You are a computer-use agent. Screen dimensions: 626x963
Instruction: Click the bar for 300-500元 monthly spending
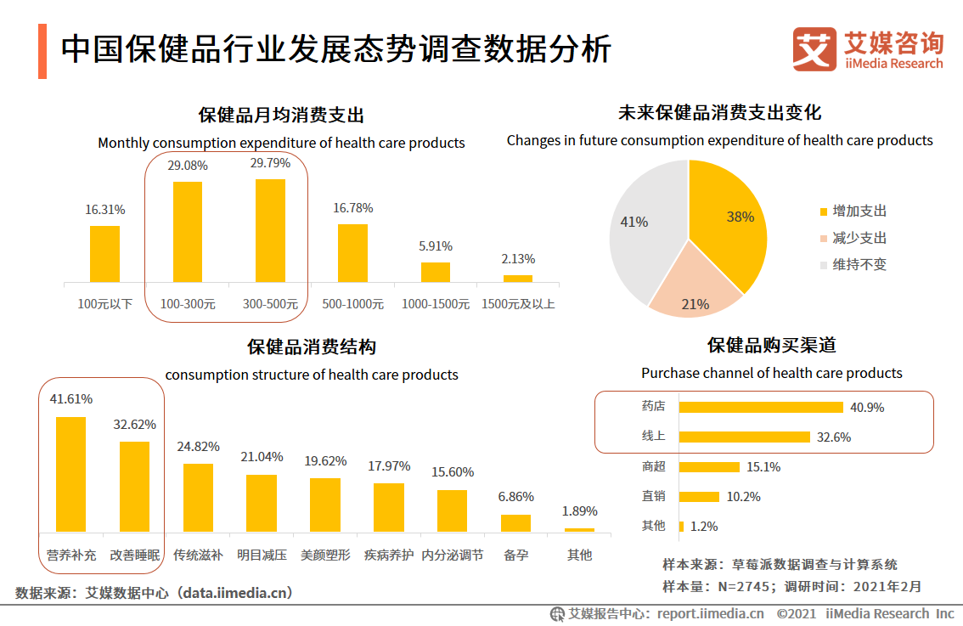click(270, 230)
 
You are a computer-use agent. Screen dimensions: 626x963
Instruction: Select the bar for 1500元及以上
click(517, 278)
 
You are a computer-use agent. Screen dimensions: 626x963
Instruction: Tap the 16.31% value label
click(105, 209)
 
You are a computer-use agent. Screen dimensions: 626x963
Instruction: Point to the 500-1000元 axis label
click(352, 303)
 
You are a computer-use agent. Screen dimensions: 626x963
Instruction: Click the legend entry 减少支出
click(859, 238)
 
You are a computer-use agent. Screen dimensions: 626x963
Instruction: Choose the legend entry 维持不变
click(859, 264)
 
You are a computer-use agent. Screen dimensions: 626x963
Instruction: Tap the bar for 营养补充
click(70, 474)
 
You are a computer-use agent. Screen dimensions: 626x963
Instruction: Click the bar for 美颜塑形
click(324, 505)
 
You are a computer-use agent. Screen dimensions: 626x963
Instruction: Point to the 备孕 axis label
click(515, 555)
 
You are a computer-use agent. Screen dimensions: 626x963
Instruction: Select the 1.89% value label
click(580, 511)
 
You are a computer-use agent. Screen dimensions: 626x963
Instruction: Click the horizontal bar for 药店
click(761, 407)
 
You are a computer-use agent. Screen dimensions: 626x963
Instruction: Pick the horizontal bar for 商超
click(709, 466)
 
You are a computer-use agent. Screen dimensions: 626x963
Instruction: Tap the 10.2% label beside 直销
click(743, 497)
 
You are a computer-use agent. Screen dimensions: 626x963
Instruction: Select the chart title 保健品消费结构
click(311, 347)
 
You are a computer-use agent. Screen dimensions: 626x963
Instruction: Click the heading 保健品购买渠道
click(771, 346)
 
